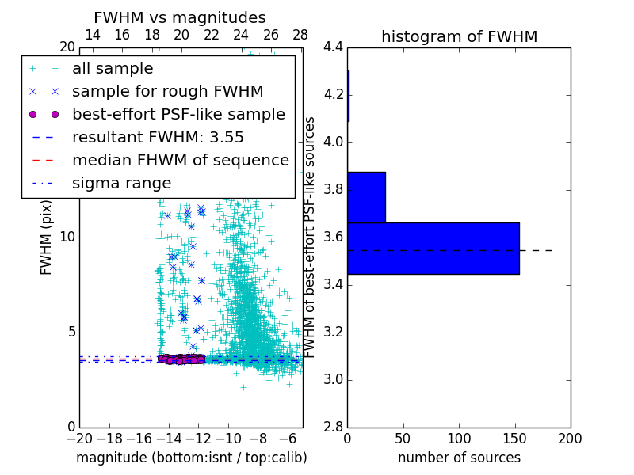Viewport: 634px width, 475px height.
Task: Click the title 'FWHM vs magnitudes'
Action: point(180,17)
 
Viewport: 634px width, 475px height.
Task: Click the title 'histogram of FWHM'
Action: point(459,36)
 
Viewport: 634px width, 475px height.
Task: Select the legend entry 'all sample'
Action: point(113,69)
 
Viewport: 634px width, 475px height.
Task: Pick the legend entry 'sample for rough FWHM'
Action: point(167,92)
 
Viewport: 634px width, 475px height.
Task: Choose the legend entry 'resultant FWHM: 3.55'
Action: point(158,138)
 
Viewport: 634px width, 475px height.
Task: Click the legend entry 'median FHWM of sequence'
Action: point(180,161)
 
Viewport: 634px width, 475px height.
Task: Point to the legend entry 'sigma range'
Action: point(121,184)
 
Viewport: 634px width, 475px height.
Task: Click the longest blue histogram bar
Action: point(433,249)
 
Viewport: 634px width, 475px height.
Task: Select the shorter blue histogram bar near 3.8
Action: point(366,197)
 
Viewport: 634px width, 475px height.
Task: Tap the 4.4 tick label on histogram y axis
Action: point(333,47)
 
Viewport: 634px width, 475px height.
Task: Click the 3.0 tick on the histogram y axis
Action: point(333,379)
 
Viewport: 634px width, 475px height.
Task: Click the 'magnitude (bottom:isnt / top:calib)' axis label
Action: point(191,458)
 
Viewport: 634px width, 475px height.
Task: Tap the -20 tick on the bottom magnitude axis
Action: point(79,438)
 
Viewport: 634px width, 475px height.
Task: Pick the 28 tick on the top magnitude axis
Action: point(300,35)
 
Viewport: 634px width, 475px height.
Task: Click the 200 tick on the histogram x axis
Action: point(570,438)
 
